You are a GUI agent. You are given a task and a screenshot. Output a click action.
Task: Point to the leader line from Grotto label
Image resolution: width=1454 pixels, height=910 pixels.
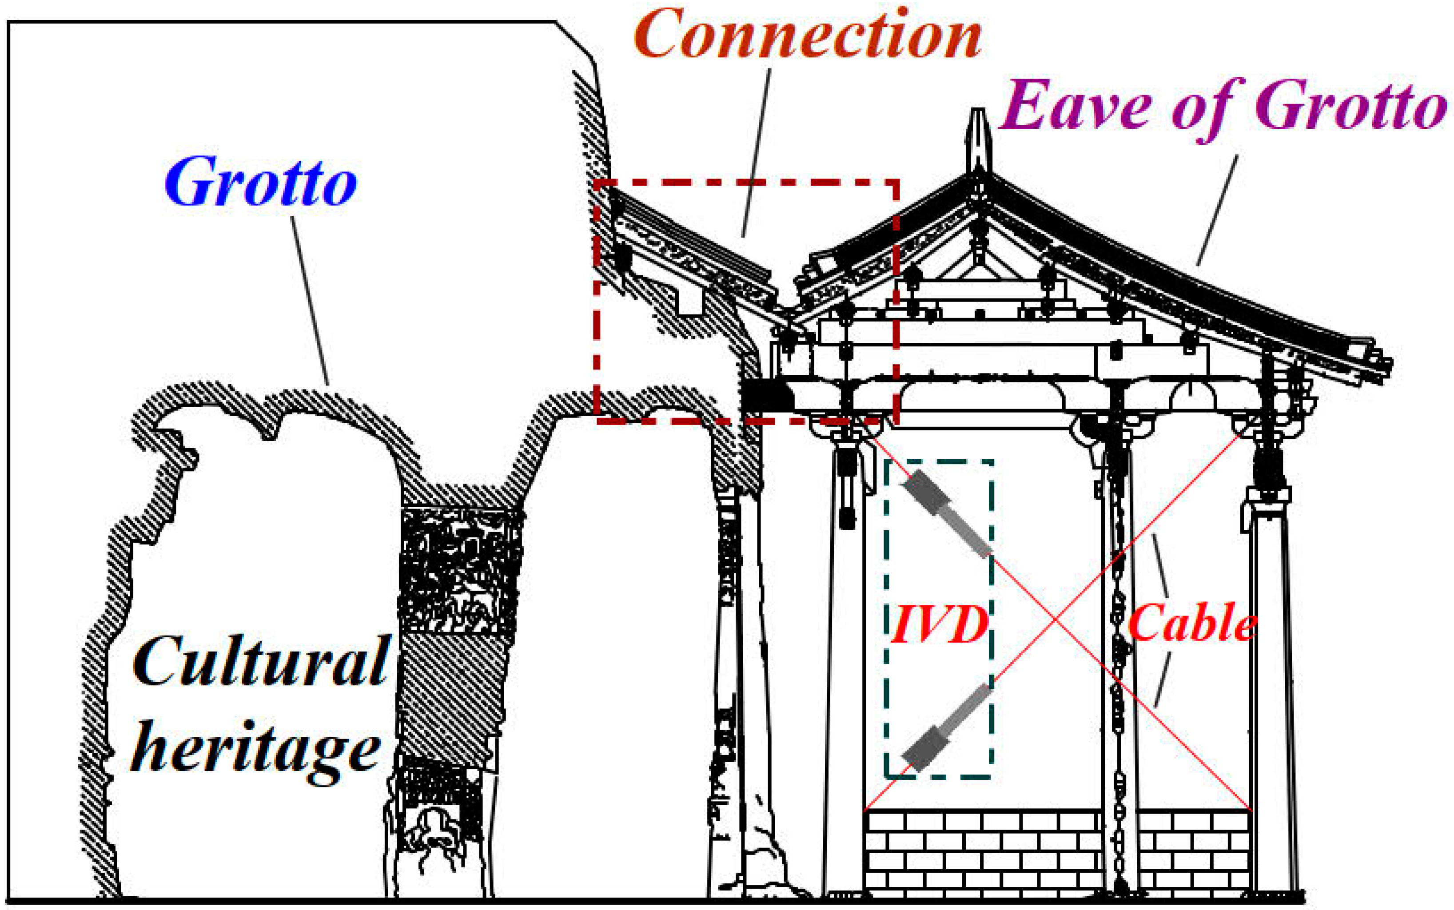coord(311,301)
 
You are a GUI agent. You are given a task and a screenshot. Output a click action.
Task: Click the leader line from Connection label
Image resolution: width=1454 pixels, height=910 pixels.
coord(757,154)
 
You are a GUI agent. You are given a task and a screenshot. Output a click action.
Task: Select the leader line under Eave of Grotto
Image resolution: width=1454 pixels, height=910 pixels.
coord(1217,211)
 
